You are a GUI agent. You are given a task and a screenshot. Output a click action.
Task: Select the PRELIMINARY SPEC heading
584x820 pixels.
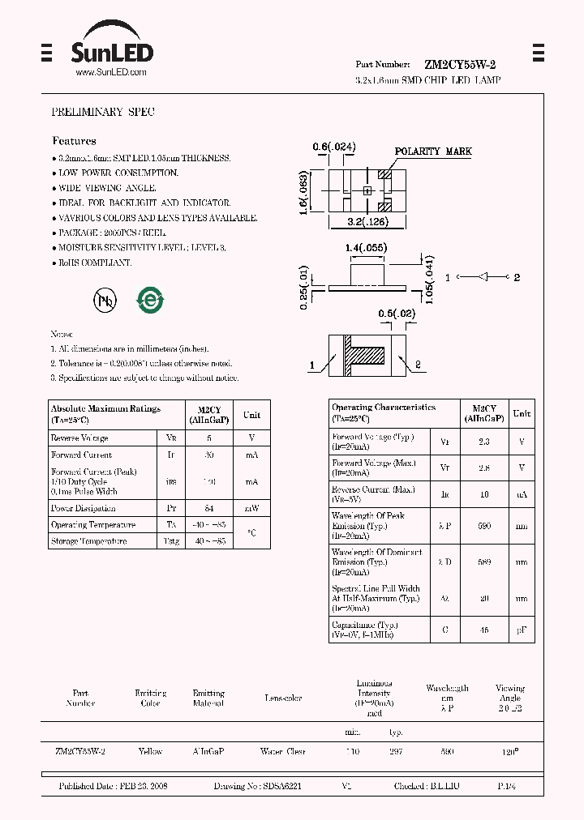coord(103,112)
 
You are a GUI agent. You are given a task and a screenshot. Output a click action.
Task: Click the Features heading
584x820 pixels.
coord(74,141)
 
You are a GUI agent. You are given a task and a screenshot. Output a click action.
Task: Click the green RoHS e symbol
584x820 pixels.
coord(150,300)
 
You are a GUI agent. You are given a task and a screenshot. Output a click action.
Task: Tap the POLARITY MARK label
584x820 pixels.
coord(433,152)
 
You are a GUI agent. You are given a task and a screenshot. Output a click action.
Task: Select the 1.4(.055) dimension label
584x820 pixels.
coord(365,247)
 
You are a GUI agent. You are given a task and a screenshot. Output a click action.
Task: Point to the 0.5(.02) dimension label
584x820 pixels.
coord(397,313)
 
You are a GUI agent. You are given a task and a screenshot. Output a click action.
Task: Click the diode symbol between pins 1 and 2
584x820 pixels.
coord(483,278)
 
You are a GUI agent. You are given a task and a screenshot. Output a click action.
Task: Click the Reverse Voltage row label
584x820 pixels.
coord(79,438)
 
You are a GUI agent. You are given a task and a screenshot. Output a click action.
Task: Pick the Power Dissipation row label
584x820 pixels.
coord(84,508)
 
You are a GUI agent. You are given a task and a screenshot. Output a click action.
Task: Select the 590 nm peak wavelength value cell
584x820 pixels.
coord(484,525)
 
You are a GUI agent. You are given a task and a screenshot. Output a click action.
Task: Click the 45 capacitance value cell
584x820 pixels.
coord(484,630)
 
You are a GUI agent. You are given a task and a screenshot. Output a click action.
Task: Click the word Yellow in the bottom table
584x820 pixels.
coord(150,751)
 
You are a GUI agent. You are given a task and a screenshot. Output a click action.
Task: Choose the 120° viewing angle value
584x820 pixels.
coord(509,751)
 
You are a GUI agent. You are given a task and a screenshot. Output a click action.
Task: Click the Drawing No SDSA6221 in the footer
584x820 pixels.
coord(258,786)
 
